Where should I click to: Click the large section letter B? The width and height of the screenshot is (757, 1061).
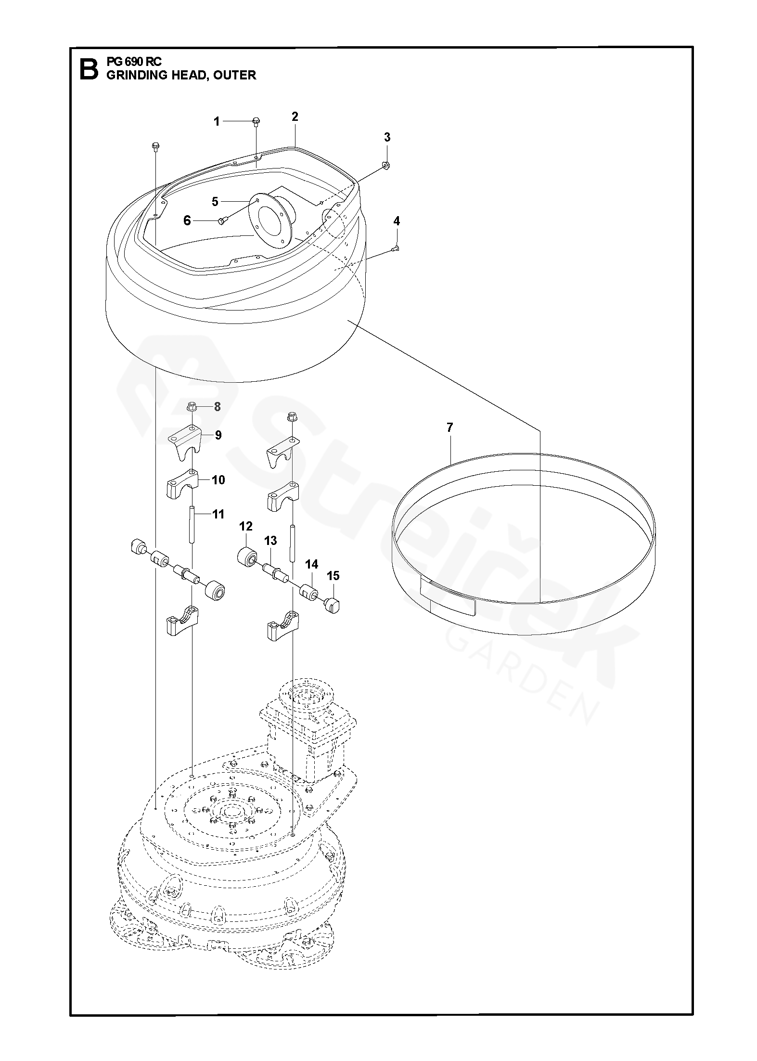pyautogui.click(x=88, y=69)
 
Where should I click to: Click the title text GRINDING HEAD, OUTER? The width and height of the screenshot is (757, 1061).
pyautogui.click(x=181, y=75)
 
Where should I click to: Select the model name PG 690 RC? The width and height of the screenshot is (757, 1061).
pyautogui.click(x=134, y=62)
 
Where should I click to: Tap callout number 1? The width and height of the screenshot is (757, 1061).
pyautogui.click(x=217, y=122)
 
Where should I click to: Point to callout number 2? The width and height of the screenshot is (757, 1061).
pyautogui.click(x=295, y=116)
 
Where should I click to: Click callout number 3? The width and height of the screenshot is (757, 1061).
pyautogui.click(x=387, y=137)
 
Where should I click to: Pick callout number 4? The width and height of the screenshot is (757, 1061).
pyautogui.click(x=396, y=221)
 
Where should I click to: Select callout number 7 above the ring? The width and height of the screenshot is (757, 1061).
pyautogui.click(x=449, y=427)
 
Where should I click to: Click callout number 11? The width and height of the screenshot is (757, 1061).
pyautogui.click(x=218, y=515)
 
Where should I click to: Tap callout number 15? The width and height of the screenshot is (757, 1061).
pyautogui.click(x=333, y=576)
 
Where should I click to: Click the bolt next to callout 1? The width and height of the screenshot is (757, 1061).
pyautogui.click(x=256, y=121)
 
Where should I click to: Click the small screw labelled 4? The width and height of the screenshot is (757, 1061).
pyautogui.click(x=396, y=248)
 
